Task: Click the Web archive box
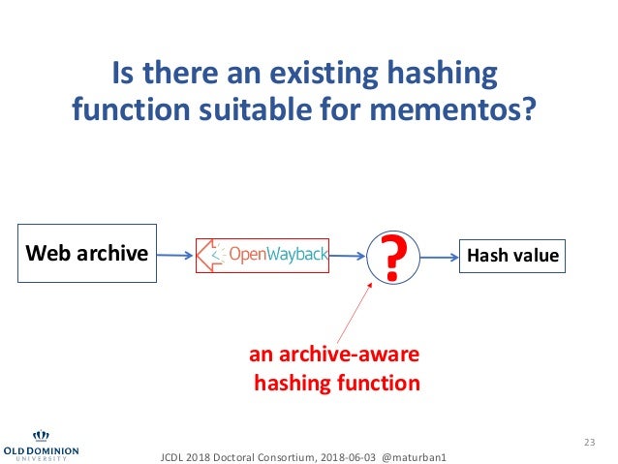click(x=86, y=256)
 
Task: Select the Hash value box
click(x=513, y=256)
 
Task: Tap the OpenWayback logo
click(x=263, y=256)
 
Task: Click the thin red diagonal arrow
click(x=354, y=311)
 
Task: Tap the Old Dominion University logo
click(x=41, y=445)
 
